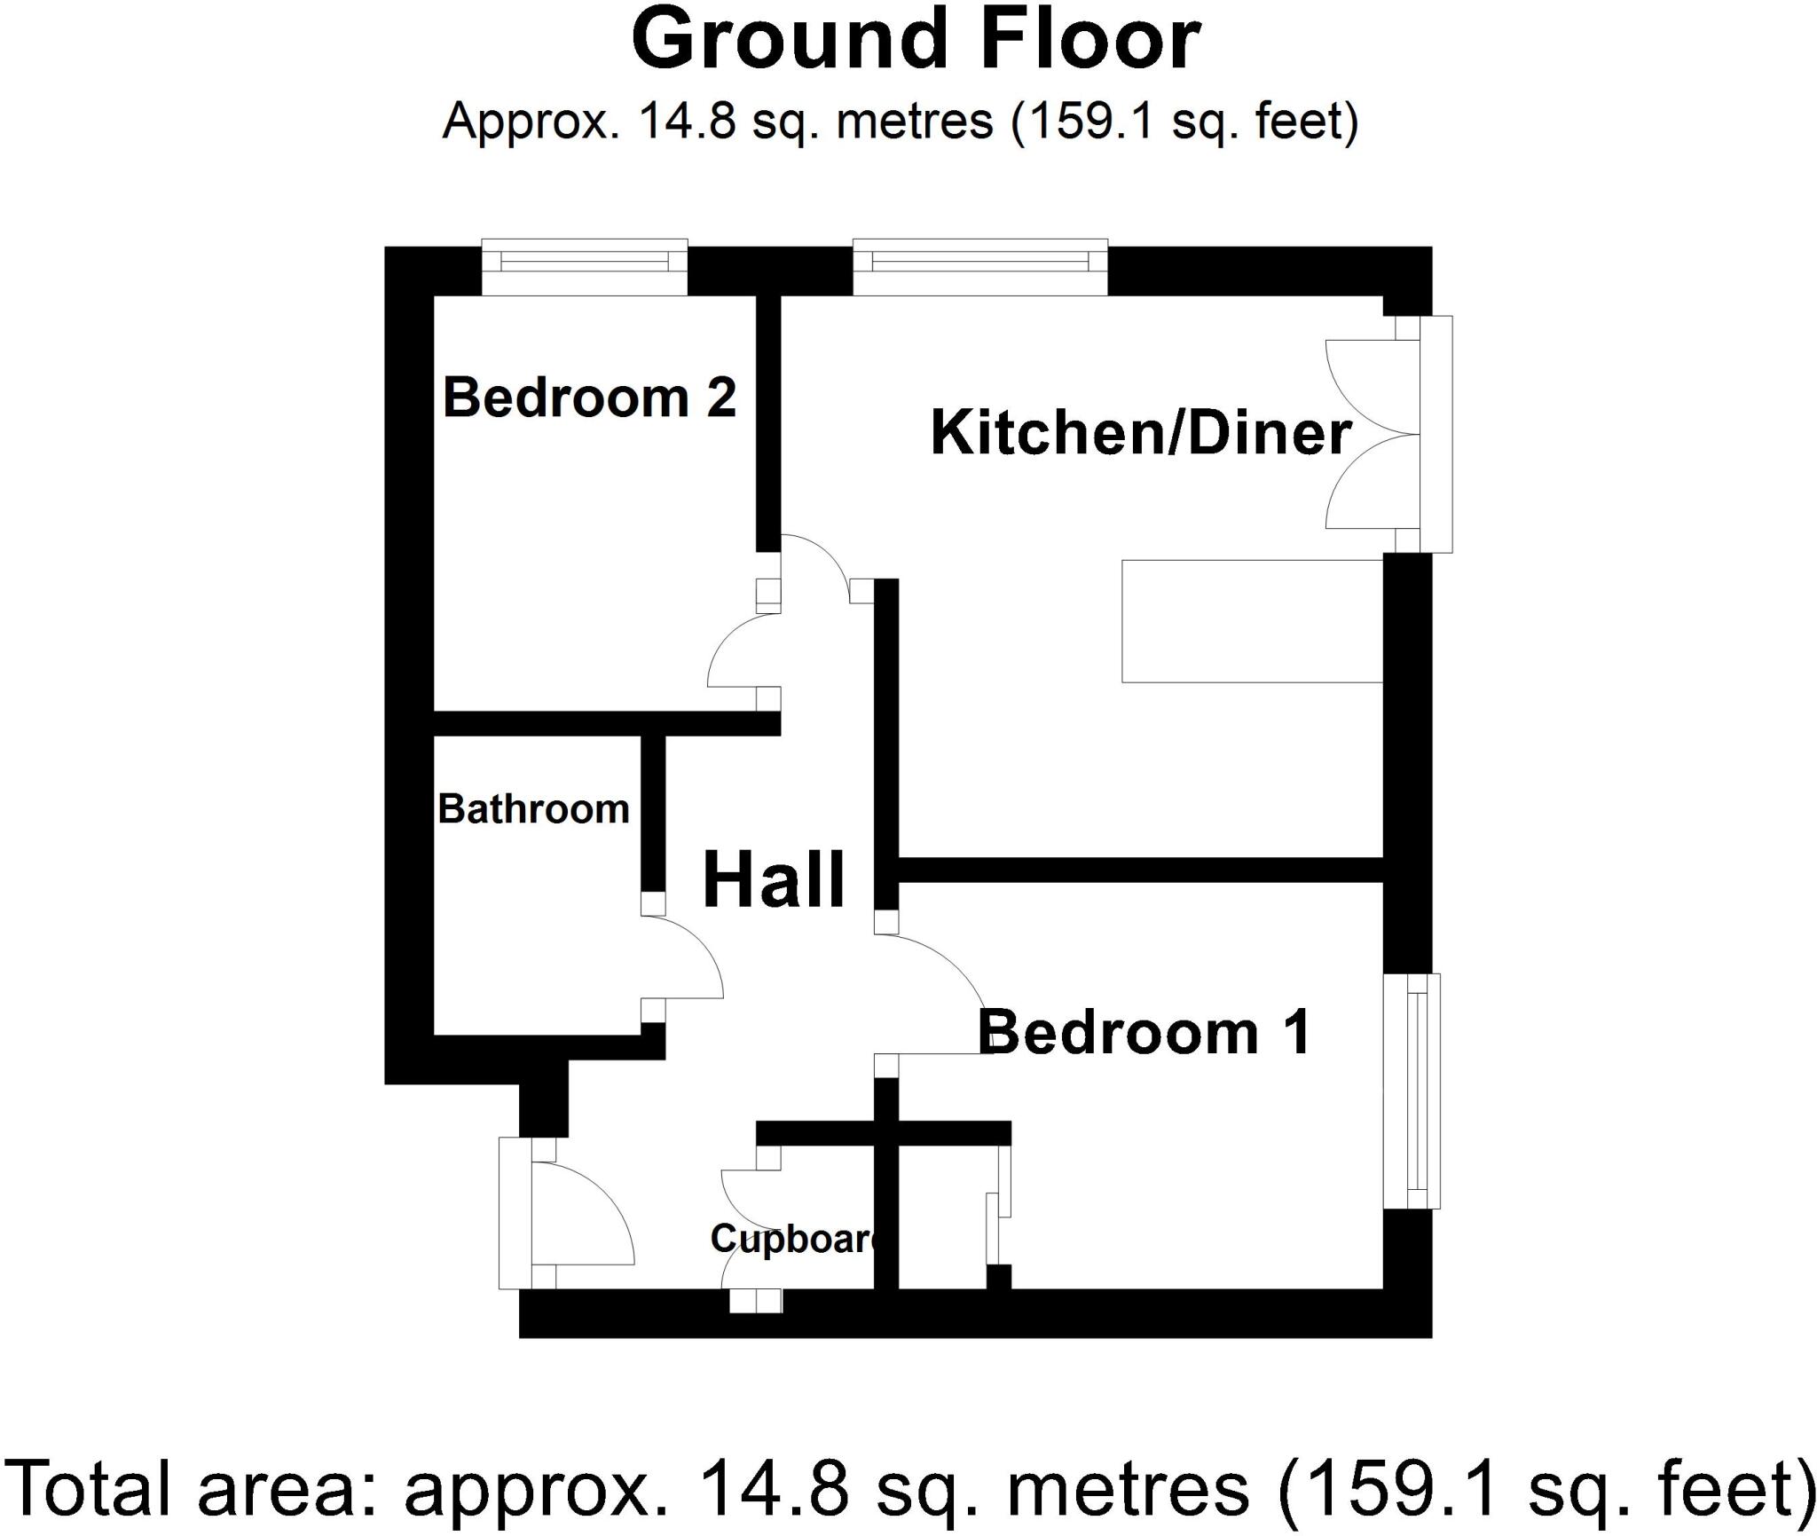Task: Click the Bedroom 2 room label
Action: point(589,398)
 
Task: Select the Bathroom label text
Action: point(533,809)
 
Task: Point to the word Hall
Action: point(773,881)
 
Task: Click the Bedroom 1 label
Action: point(1144,1033)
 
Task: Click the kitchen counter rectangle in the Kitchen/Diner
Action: point(1252,621)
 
